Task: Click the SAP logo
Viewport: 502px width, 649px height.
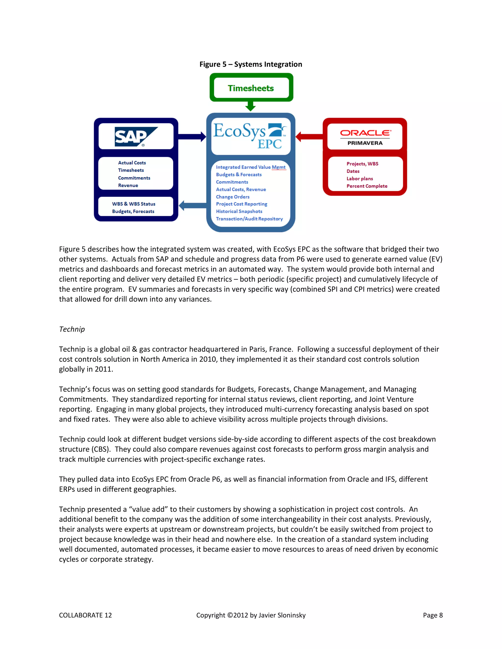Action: click(x=136, y=137)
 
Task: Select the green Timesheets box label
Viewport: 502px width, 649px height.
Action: click(x=251, y=88)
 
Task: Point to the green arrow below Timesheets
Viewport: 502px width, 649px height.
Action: click(x=251, y=106)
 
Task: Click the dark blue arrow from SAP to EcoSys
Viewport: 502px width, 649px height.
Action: click(x=192, y=137)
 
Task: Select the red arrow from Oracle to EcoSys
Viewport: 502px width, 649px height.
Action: click(x=309, y=137)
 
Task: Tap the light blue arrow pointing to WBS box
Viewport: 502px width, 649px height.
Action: click(x=193, y=205)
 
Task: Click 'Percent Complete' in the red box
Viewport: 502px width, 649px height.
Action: click(x=367, y=186)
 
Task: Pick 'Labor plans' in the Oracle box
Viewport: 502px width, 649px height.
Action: click(x=360, y=179)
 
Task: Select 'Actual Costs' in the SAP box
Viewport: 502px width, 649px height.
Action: click(x=132, y=163)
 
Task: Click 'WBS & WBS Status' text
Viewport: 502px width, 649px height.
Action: click(x=134, y=204)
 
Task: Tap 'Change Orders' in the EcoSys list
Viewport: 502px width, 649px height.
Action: click(x=233, y=197)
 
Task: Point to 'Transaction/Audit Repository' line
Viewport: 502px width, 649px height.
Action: click(x=249, y=219)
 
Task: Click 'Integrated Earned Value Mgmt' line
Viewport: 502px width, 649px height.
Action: click(x=251, y=167)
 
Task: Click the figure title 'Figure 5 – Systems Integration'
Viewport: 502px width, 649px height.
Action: click(x=251, y=64)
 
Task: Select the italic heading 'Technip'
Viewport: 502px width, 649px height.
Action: click(x=72, y=329)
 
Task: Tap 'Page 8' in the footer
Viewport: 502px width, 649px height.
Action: click(x=433, y=615)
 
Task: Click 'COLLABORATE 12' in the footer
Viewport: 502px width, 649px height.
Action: click(x=85, y=615)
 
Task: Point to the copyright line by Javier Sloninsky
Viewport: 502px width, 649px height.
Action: click(x=251, y=615)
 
